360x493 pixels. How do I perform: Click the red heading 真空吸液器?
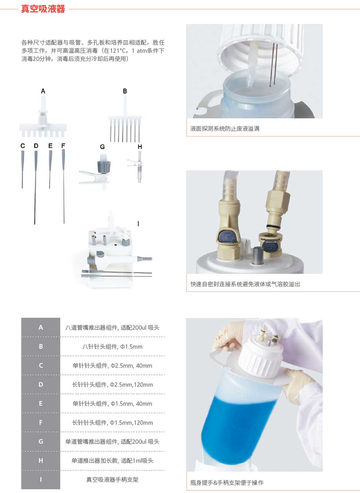click(43, 9)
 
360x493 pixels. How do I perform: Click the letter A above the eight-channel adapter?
click(43, 91)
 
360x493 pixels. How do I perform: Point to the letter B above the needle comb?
click(125, 91)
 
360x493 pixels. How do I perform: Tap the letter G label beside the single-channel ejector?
click(102, 147)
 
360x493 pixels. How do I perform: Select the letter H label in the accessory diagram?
click(140, 147)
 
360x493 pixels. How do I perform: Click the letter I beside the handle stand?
click(138, 224)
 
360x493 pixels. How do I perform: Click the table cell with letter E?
click(41, 404)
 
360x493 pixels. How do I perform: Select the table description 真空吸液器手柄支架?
click(112, 480)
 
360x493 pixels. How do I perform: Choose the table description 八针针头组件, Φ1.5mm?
click(112, 347)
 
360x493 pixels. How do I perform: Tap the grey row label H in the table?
click(41, 460)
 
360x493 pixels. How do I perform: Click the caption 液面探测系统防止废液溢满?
click(225, 129)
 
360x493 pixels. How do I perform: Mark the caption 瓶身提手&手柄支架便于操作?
click(227, 483)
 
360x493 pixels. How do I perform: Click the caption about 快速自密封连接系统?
click(245, 284)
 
